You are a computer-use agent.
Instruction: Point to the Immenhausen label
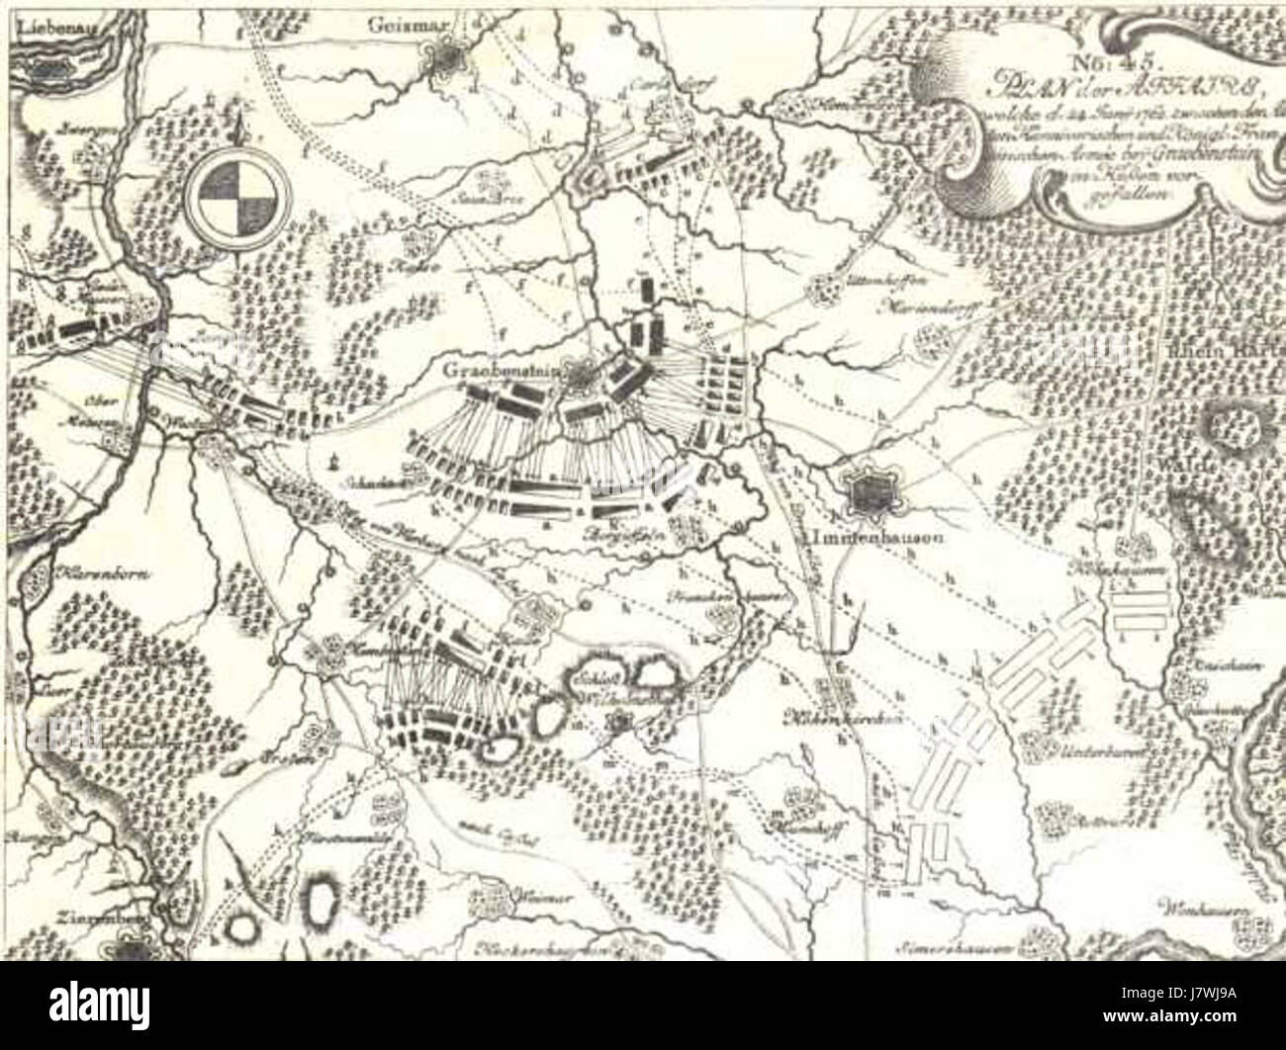click(869, 539)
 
